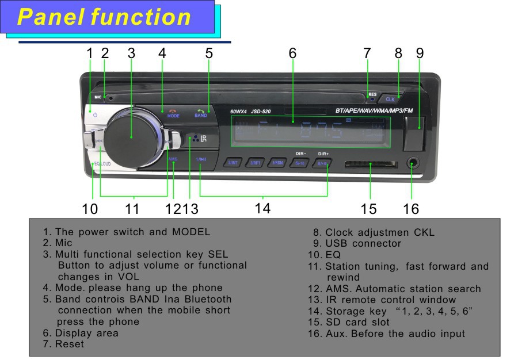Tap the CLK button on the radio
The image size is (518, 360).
391,98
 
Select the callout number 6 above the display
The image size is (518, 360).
292,53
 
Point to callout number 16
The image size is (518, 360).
411,209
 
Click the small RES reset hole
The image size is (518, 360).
372,99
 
